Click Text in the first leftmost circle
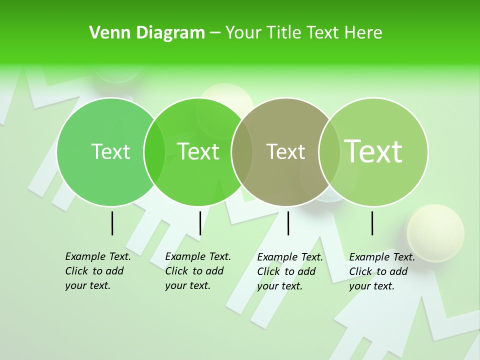coord(110,151)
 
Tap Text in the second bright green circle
coord(198,151)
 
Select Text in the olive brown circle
coord(285,151)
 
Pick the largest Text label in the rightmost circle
coord(373,151)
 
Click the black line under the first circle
coord(112,223)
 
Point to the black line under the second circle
coord(200,223)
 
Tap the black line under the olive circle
coord(288,223)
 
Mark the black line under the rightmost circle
coord(372,223)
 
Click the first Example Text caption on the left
coord(97,271)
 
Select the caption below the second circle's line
coord(197,271)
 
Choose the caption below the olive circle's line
coord(289,271)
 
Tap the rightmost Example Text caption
coord(381,271)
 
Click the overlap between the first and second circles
coord(154,151)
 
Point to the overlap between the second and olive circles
coord(242,151)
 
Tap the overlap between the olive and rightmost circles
coord(329,151)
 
